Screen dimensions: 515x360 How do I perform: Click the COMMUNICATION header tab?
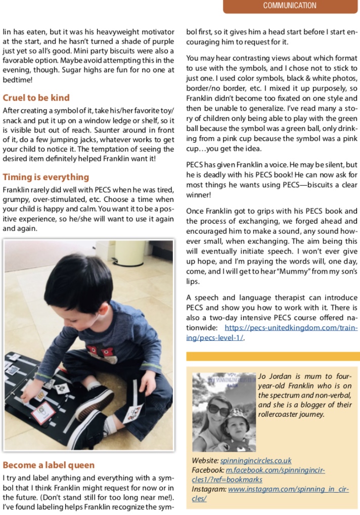pyautogui.click(x=290, y=6)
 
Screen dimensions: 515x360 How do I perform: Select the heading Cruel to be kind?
pyautogui.click(x=36, y=98)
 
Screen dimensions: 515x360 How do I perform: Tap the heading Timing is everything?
pyautogui.click(x=46, y=177)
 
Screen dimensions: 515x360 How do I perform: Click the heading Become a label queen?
pyautogui.click(x=49, y=465)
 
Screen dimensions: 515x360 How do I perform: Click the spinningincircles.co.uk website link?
pyautogui.click(x=256, y=461)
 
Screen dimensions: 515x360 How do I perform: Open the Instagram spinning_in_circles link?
pyautogui.click(x=288, y=489)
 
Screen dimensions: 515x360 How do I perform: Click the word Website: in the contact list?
pyautogui.click(x=205, y=461)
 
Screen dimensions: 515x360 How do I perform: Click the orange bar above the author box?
pyautogui.click(x=273, y=356)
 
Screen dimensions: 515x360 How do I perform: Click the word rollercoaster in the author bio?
pyautogui.click(x=281, y=414)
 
